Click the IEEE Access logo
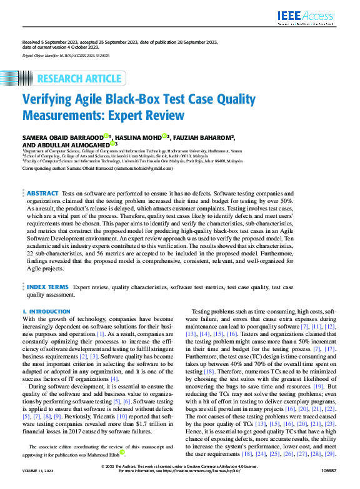[307, 16]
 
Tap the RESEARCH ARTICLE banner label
[79, 79]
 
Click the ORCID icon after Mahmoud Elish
[122, 452]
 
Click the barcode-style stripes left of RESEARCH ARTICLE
[26, 79]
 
